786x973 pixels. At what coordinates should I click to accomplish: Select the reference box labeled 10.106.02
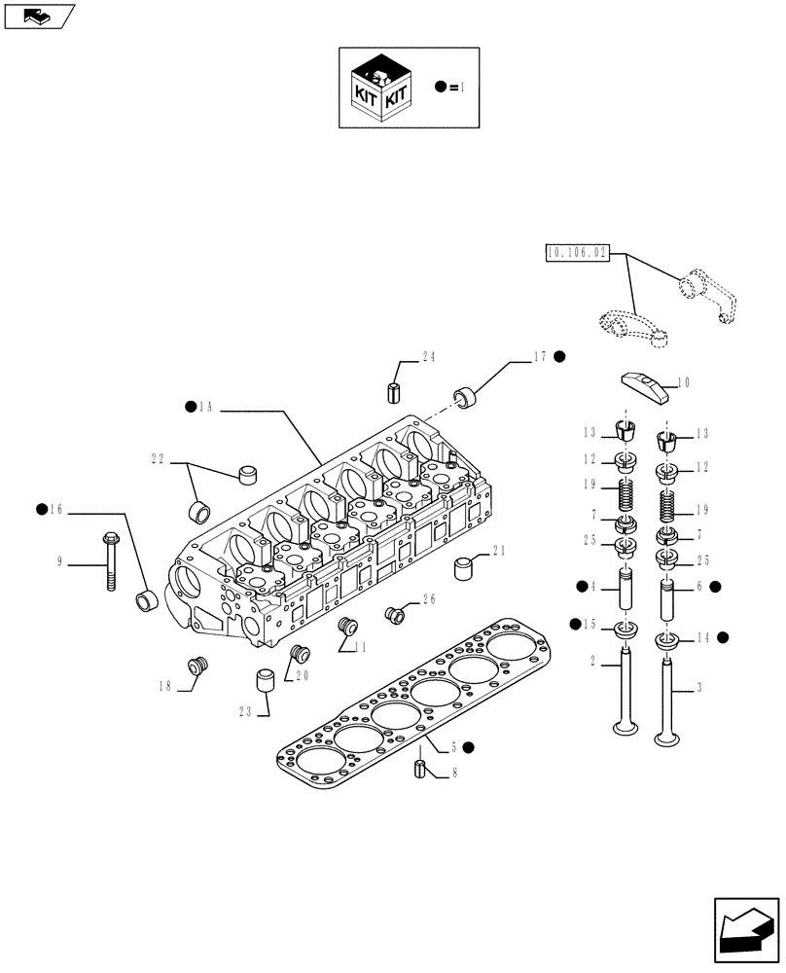tap(577, 253)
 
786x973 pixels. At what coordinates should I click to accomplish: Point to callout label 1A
tap(205, 409)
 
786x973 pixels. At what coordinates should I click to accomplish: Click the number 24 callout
tap(429, 357)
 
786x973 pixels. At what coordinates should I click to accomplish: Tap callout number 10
tap(683, 382)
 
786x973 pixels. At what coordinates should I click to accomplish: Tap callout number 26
tap(427, 598)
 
